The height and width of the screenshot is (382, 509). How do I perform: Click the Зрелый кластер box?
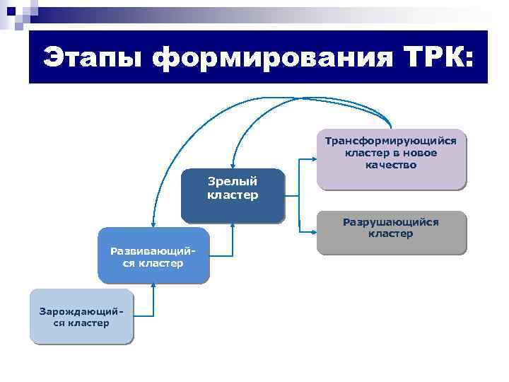coord(232,195)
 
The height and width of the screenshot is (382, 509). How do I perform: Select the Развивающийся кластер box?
coord(153,255)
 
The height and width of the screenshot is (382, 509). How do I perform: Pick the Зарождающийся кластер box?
coord(81,316)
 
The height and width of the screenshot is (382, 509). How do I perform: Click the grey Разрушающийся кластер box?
coord(391,233)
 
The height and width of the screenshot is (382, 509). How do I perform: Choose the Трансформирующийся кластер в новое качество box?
coord(391,159)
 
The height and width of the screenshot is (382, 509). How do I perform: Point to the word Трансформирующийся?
coord(391,141)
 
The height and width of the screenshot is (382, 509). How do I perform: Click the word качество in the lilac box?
coord(391,165)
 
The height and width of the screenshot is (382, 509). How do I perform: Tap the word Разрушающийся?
coord(391,222)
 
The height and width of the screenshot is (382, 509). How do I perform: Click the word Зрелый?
coord(232,182)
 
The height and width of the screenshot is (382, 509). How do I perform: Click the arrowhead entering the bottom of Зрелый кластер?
coord(232,226)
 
